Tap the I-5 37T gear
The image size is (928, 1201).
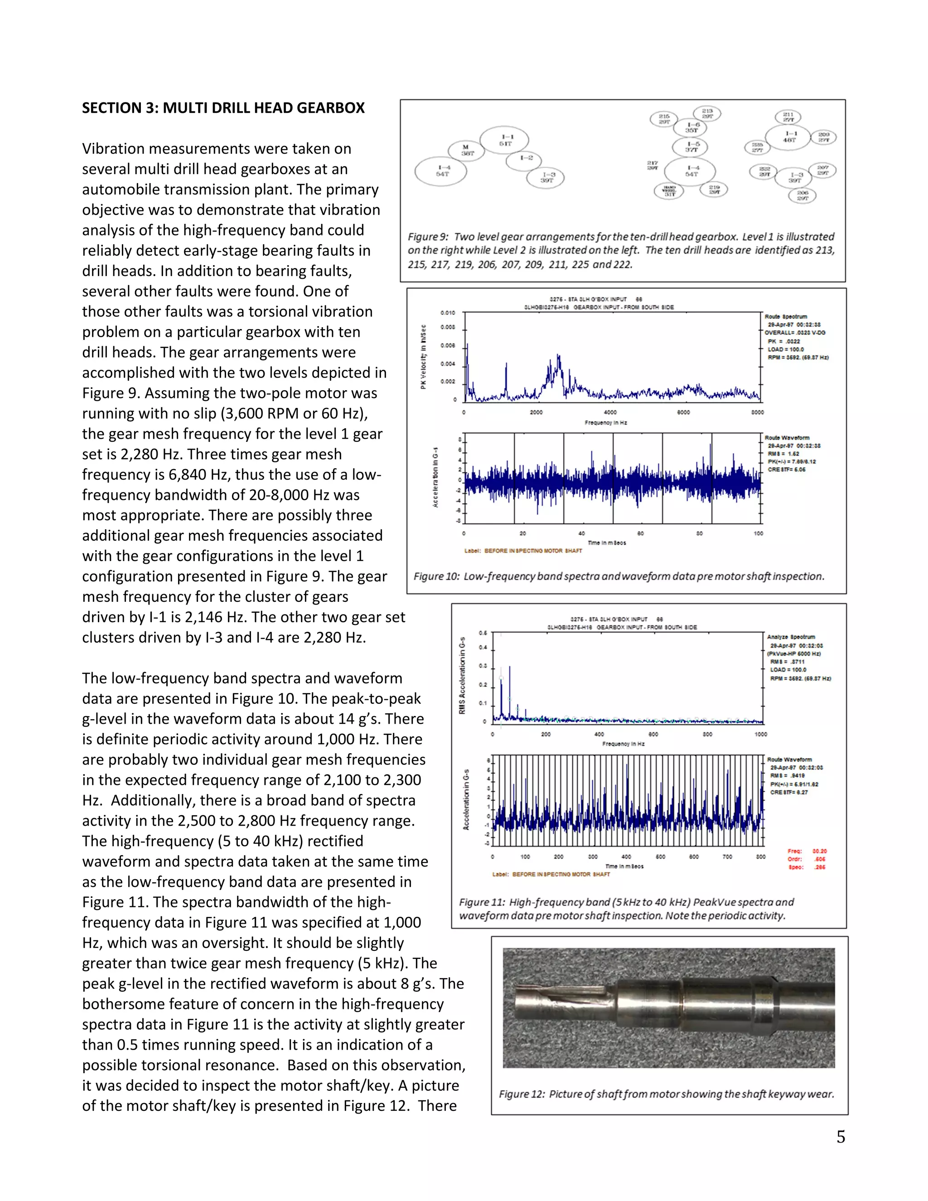point(691,147)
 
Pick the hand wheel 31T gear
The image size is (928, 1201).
point(669,191)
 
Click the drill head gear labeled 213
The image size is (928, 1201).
point(707,113)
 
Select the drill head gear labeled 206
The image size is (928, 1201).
point(802,195)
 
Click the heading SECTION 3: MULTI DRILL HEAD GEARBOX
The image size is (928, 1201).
point(223,108)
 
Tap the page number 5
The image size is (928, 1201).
point(841,1137)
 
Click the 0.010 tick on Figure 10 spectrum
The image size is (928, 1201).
point(448,313)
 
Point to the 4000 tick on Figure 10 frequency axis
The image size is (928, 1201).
point(610,412)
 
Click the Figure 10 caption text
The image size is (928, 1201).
point(619,576)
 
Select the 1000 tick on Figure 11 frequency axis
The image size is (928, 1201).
point(760,734)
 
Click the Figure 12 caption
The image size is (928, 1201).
point(666,1094)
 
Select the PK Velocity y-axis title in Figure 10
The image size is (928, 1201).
point(423,356)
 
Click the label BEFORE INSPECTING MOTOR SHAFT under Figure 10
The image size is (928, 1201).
point(523,551)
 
